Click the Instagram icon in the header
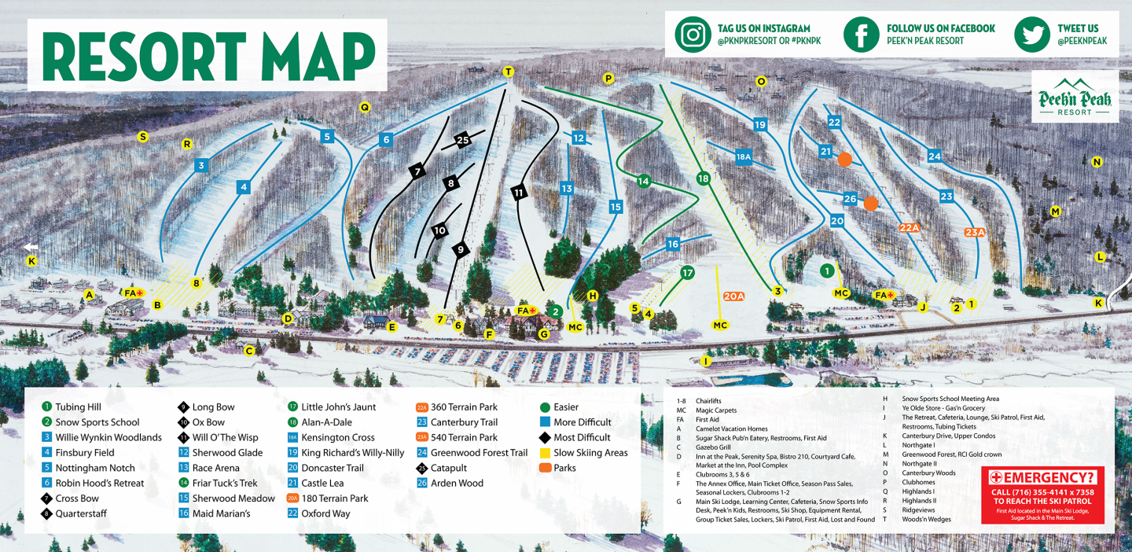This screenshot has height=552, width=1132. (693, 35)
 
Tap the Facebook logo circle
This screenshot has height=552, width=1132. (861, 35)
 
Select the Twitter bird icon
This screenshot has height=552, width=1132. (1031, 35)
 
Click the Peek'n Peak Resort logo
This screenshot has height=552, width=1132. (1075, 97)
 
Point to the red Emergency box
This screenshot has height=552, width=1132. (1042, 495)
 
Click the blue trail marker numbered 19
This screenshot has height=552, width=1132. (759, 124)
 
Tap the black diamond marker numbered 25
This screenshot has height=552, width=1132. (462, 140)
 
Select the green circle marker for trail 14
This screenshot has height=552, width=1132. (644, 181)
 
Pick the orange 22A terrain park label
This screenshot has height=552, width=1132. (909, 228)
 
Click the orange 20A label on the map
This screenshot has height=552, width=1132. (733, 296)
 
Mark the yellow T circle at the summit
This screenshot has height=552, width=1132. (508, 72)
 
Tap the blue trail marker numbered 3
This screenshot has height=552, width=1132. (201, 165)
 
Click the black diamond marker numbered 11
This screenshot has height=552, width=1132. (519, 192)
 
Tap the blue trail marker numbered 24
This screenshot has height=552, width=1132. (934, 156)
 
